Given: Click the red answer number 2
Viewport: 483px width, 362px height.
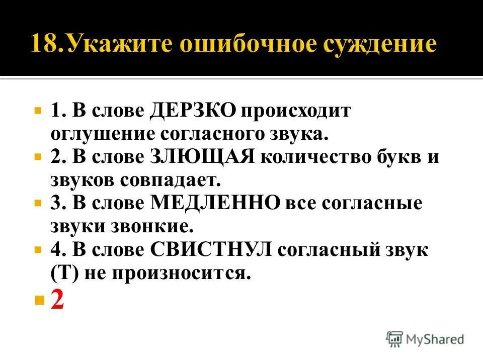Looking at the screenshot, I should click(x=57, y=300).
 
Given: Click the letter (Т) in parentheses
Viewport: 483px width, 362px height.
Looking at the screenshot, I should click(x=62, y=273).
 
